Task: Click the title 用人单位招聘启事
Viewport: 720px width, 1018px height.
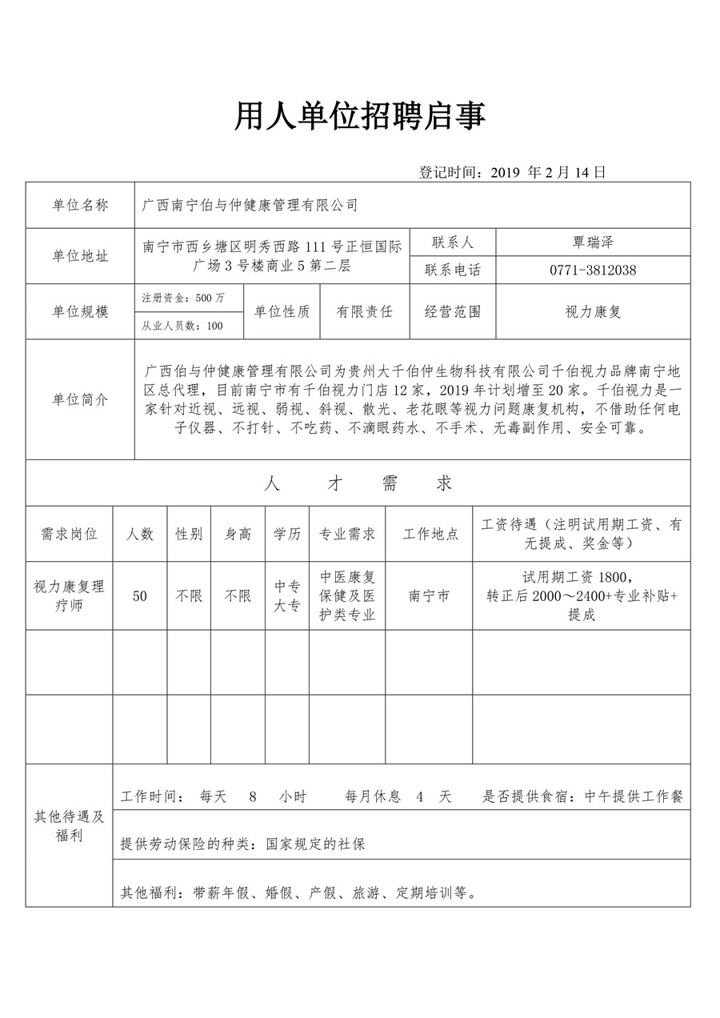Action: (x=359, y=117)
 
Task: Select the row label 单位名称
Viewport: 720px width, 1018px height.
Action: (x=80, y=206)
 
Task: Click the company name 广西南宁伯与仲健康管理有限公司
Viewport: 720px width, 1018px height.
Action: (x=250, y=206)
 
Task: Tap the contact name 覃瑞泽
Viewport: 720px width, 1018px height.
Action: (x=592, y=242)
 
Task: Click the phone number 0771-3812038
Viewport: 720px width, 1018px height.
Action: (x=592, y=270)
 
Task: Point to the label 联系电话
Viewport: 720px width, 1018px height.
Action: (x=453, y=270)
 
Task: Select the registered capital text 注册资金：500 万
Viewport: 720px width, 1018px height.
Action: (x=183, y=298)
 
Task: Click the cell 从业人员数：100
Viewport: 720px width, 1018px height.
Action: (x=182, y=326)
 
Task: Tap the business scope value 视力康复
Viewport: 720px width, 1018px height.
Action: (x=592, y=312)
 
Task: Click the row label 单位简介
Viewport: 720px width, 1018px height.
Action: (x=80, y=399)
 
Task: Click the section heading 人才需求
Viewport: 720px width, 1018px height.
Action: (x=358, y=483)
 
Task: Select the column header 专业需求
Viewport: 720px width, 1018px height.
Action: (x=347, y=534)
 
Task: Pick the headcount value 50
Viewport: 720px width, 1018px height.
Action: (x=140, y=596)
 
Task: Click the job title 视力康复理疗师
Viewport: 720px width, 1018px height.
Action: (x=69, y=596)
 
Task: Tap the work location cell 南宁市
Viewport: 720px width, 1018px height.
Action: (x=429, y=596)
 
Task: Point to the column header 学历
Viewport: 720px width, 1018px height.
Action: (x=287, y=534)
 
